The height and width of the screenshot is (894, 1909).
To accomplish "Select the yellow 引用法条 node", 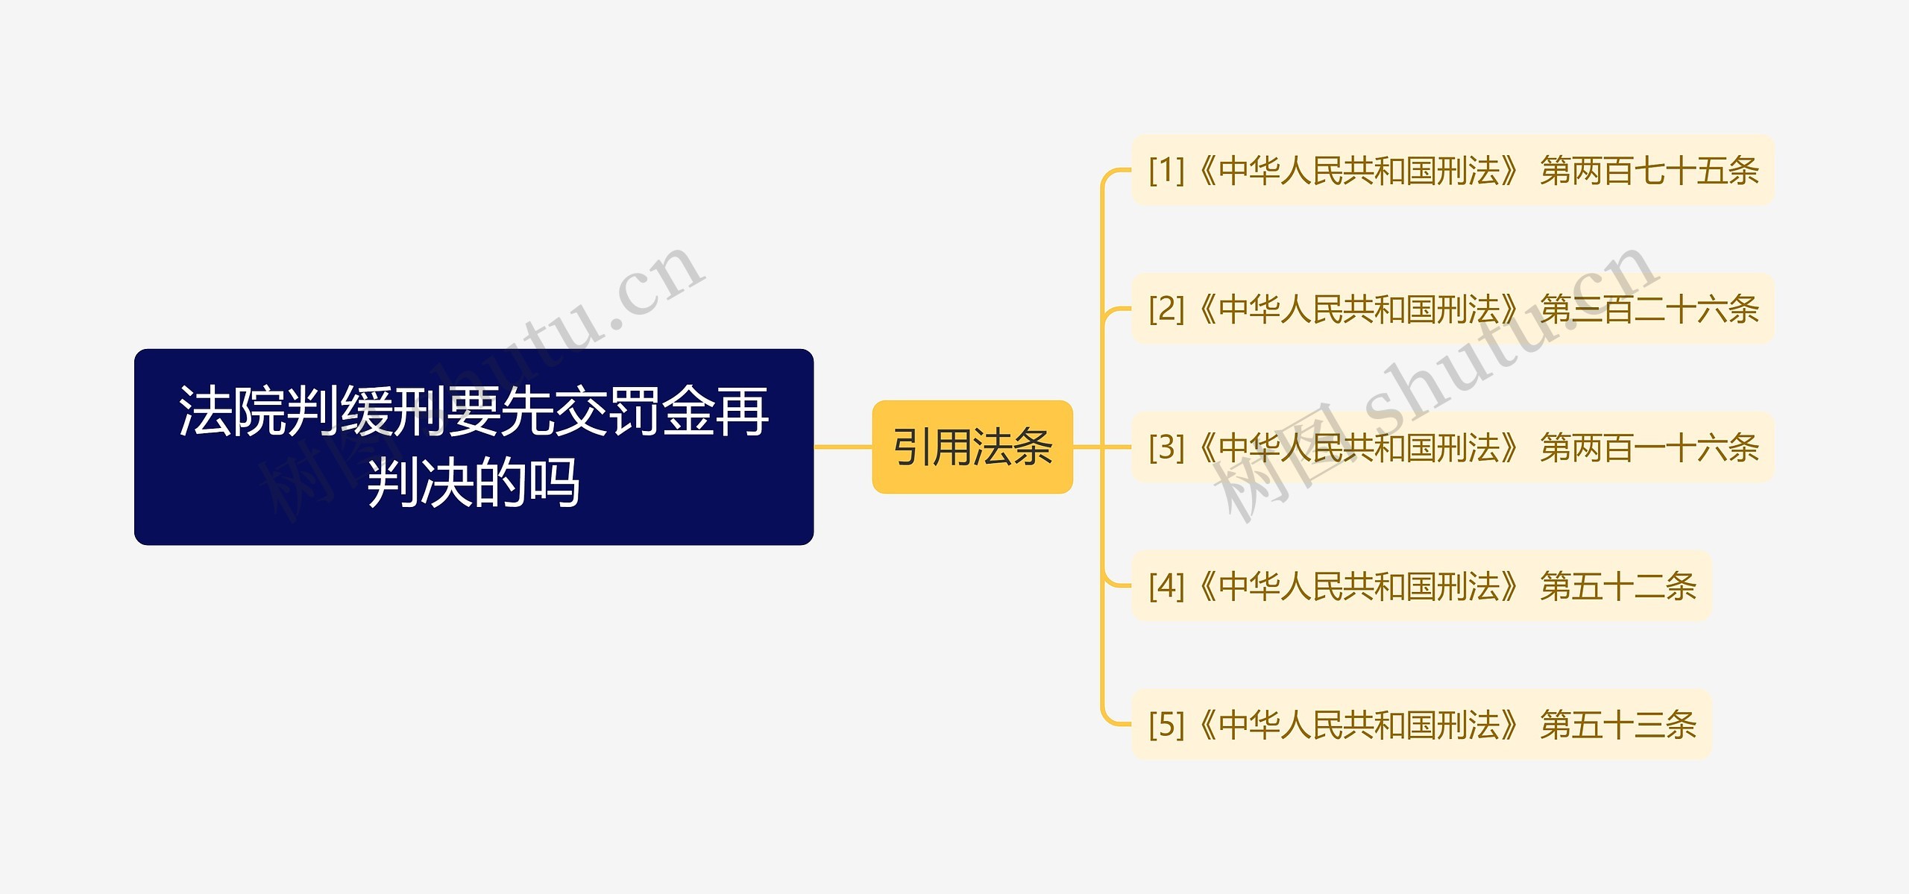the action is [972, 447].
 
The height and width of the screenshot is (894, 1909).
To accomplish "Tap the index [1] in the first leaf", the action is [1166, 171].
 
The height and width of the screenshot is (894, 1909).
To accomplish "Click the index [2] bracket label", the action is [1166, 309].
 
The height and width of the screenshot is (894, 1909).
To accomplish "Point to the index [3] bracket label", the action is [1166, 447].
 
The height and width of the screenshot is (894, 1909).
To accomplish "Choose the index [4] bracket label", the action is [1166, 586].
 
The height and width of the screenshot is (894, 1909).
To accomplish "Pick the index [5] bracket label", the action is [1166, 725].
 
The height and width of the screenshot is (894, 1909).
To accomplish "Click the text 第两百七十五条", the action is [1649, 171].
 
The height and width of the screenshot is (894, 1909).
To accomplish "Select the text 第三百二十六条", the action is [1649, 309].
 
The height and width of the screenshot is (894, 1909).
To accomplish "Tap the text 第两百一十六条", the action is [1649, 447].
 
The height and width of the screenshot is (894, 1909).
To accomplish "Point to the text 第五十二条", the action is [1618, 586].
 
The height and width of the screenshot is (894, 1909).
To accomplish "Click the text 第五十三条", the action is [1618, 725].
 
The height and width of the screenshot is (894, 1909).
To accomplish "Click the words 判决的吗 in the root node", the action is [474, 483].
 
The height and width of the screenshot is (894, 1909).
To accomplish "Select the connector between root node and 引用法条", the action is [843, 447].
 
